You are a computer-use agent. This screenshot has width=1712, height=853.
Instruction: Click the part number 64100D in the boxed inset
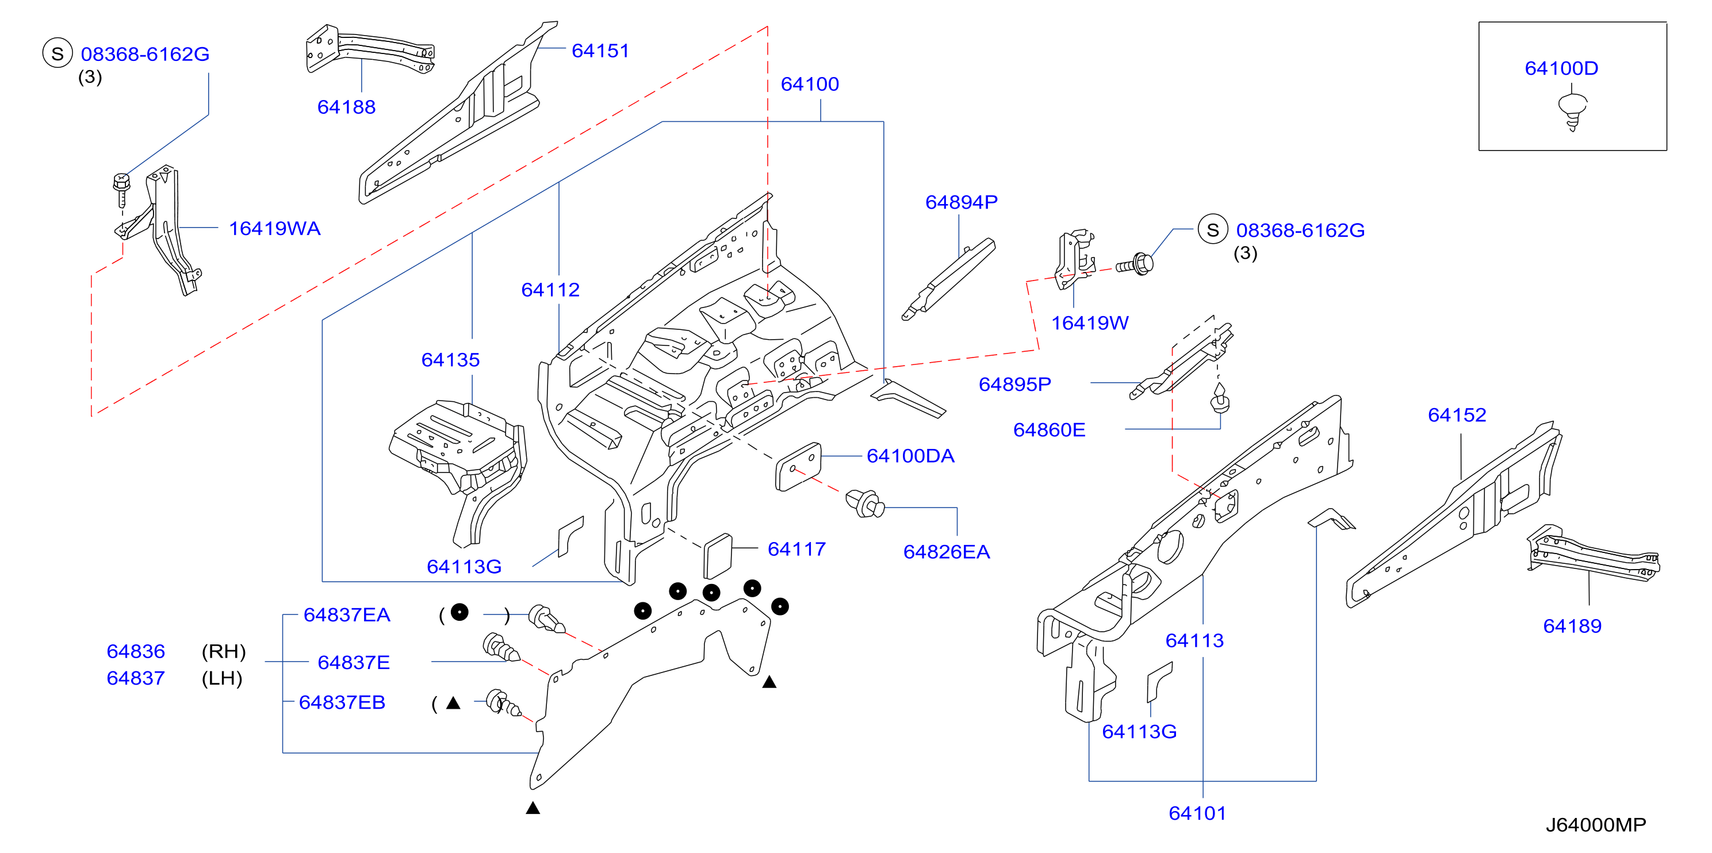(x=1561, y=68)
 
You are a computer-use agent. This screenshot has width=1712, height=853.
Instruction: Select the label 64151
(x=600, y=51)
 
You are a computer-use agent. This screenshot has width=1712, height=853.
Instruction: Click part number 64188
(x=346, y=107)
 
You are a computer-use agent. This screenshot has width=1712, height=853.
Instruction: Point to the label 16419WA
(x=274, y=229)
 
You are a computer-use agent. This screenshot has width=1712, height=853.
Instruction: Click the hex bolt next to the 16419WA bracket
(x=121, y=190)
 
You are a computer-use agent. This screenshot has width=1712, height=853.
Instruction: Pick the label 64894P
(x=961, y=202)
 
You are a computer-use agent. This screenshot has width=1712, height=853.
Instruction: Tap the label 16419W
(x=1089, y=323)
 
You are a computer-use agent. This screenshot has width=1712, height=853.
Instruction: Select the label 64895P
(x=1015, y=384)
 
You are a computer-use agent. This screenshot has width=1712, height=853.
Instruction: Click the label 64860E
(x=1049, y=430)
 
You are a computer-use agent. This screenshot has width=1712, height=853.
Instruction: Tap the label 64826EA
(x=947, y=551)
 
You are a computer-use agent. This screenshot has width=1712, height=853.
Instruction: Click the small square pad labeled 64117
(x=718, y=555)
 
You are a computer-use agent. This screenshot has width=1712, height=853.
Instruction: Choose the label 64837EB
(x=342, y=702)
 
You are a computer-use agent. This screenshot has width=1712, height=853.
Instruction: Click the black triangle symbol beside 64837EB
(x=453, y=703)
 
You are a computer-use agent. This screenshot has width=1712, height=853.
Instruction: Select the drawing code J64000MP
(x=1596, y=824)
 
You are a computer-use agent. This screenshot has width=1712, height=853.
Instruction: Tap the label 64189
(x=1572, y=626)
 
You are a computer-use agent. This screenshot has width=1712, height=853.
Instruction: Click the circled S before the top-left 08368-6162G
(x=57, y=53)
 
